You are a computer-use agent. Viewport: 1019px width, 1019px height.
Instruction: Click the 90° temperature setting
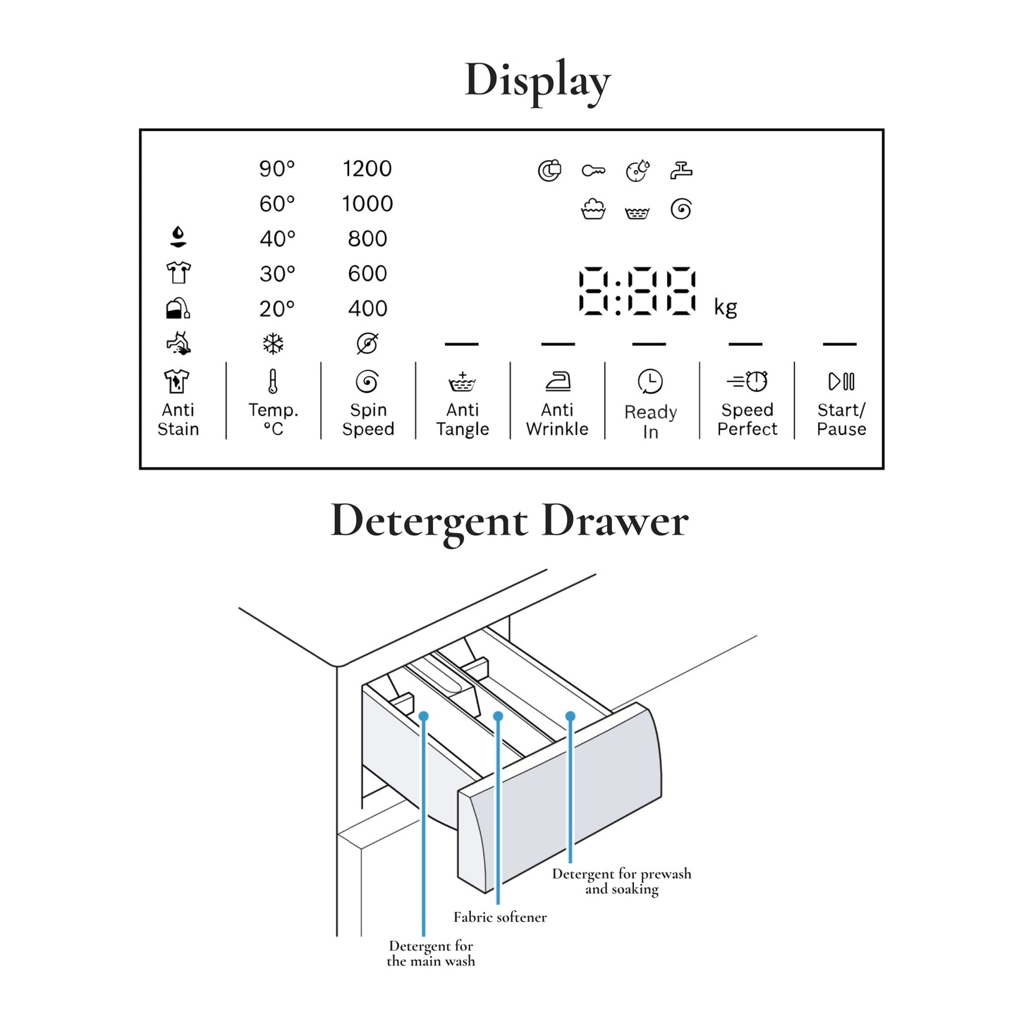276,169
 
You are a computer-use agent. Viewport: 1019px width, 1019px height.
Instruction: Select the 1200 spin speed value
367,169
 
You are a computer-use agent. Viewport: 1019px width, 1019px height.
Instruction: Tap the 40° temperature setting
276,239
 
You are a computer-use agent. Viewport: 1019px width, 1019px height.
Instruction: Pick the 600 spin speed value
367,274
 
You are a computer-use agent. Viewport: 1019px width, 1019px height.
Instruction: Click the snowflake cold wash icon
273,344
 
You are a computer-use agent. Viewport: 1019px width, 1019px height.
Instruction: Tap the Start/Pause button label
841,420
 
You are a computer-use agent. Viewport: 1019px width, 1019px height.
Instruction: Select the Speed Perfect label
747,420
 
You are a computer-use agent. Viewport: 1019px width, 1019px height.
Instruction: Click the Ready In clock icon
649,382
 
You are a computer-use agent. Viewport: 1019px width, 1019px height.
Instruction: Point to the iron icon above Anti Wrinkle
558,382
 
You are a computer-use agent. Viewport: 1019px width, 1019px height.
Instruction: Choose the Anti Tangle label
463,420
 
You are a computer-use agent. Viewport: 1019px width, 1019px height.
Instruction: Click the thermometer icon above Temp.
273,382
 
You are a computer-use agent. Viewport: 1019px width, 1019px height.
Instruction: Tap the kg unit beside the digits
725,307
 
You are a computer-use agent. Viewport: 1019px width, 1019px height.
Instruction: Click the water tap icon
681,170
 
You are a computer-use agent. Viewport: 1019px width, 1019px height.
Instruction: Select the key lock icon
593,171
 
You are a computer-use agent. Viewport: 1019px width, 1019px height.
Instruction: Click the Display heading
537,80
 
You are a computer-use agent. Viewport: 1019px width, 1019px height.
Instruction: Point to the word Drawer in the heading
615,521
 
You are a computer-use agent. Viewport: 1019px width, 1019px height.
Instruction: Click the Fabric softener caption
500,917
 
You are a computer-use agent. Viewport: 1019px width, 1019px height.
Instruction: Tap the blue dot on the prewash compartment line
570,716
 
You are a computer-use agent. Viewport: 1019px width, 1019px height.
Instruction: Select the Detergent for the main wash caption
431,953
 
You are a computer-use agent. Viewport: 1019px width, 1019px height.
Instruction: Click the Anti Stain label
178,420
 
